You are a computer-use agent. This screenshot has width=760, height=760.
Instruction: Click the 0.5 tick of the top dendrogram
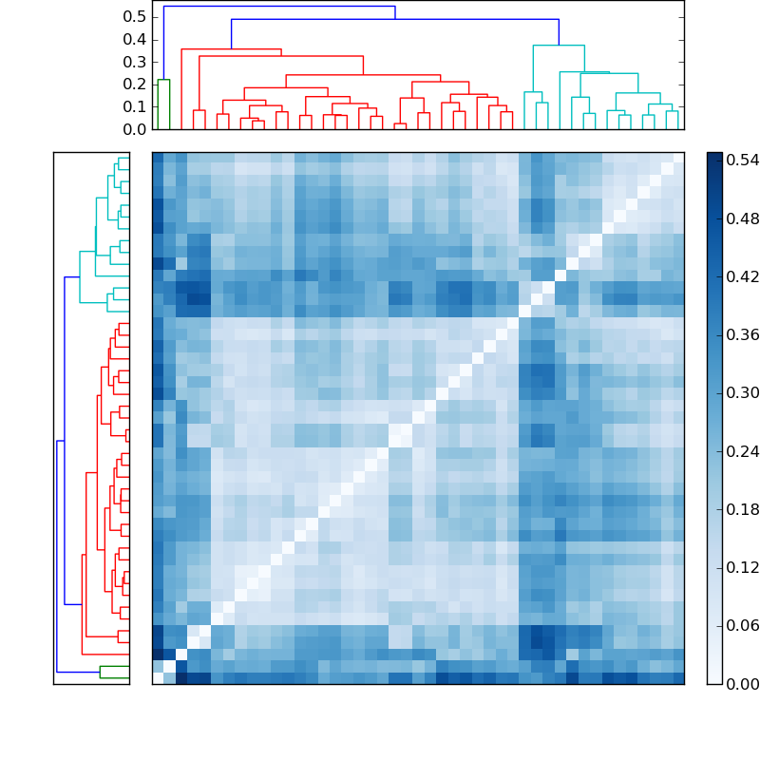coord(135,17)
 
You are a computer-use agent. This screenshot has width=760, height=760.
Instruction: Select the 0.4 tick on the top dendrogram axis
coord(135,40)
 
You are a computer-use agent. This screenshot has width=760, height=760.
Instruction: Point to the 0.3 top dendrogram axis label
coord(135,62)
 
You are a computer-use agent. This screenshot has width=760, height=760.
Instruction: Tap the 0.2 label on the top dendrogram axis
coord(135,85)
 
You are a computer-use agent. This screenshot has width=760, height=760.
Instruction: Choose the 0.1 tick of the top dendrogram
coord(135,106)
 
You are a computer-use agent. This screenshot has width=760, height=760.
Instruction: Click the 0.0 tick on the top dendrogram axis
coord(135,129)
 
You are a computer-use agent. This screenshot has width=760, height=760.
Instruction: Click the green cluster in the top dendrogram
coord(163,80)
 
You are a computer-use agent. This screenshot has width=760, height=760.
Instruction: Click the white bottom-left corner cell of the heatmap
coord(158,677)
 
